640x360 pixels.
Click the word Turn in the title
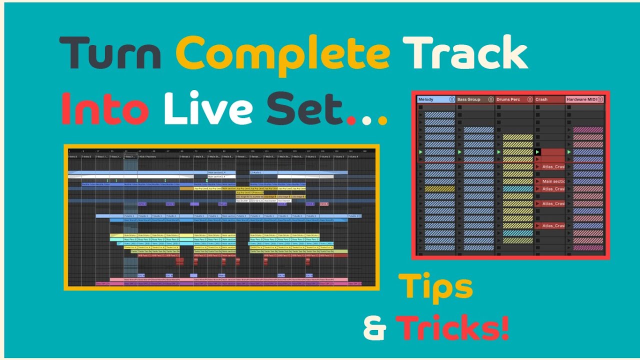click(x=110, y=53)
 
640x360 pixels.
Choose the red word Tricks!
click(x=452, y=327)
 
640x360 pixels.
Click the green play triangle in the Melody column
click(x=421, y=151)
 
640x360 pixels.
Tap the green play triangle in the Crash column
click(x=538, y=151)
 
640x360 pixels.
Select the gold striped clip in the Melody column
click(x=439, y=189)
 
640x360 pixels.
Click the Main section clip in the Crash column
click(x=552, y=181)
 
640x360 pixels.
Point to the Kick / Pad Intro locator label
click(x=147, y=156)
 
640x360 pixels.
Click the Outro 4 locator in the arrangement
click(x=354, y=156)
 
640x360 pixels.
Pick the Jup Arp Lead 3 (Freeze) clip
click(x=249, y=192)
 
